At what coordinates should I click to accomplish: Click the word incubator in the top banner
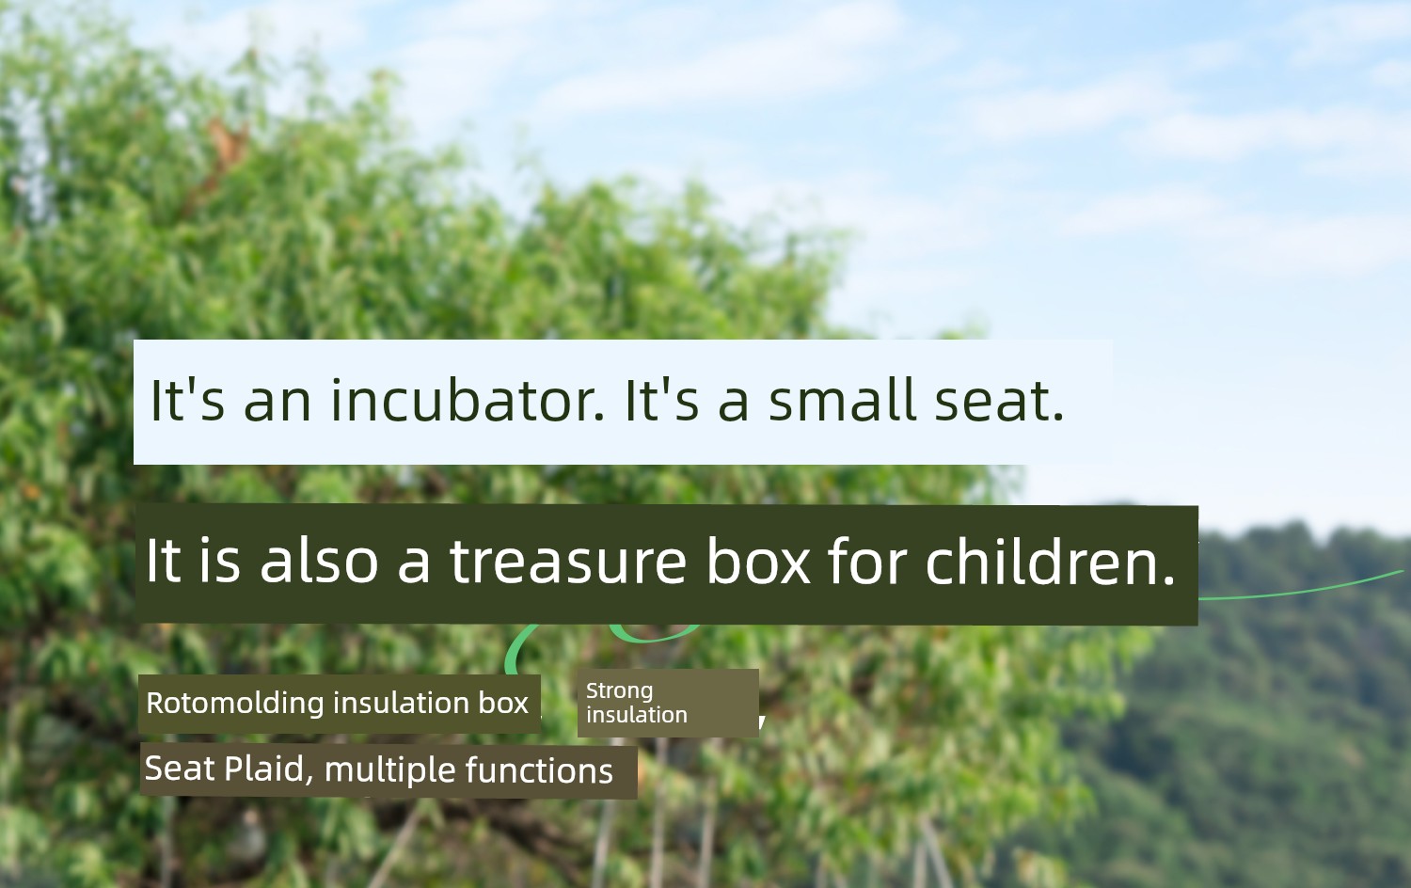coord(467,400)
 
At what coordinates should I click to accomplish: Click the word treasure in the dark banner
coord(567,561)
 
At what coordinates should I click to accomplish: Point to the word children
coord(1050,560)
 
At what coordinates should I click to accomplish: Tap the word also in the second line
coord(319,560)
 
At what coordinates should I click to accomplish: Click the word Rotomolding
coord(235,703)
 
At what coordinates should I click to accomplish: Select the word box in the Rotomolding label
coord(503,703)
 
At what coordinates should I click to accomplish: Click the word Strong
coord(619,691)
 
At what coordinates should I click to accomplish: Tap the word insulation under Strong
coord(636,715)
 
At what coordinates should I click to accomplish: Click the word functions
coord(539,770)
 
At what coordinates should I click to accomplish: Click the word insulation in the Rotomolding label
coord(401,703)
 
